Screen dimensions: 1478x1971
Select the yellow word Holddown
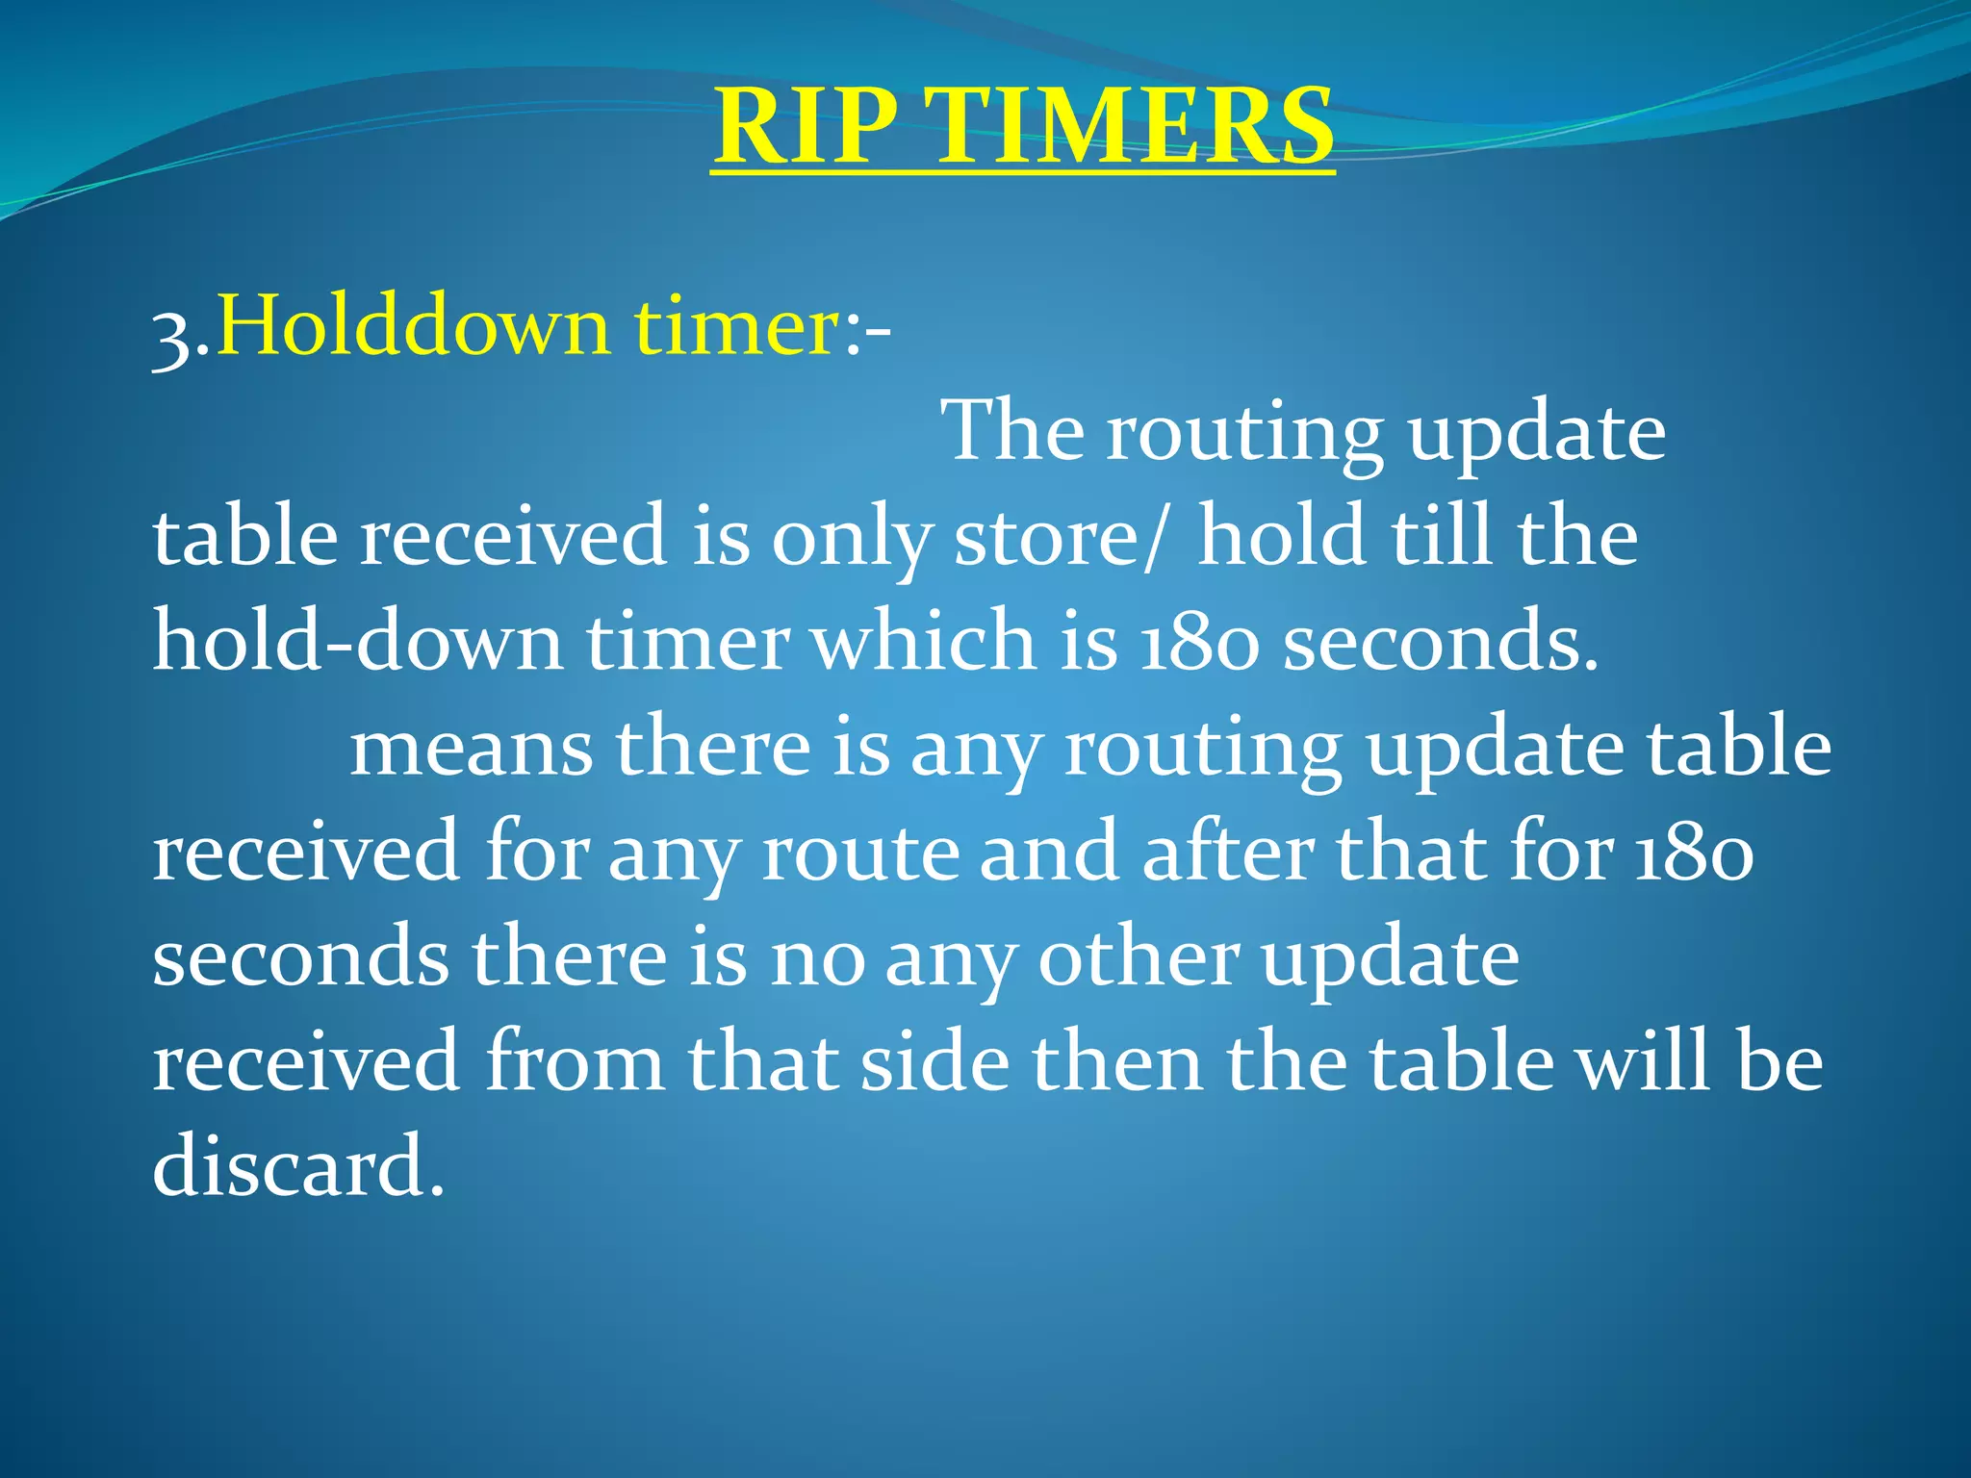point(414,327)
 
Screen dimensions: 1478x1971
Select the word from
point(574,1062)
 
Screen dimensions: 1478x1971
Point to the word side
point(934,1062)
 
